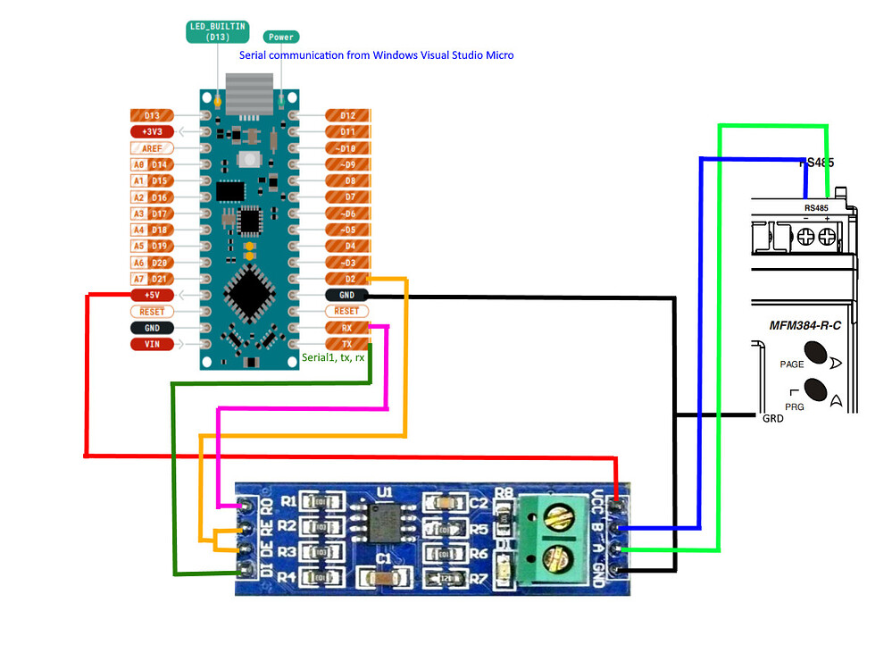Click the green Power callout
[281, 38]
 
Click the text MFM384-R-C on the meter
[805, 325]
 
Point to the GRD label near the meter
[773, 418]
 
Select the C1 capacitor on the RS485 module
[384, 578]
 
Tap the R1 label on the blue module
[288, 501]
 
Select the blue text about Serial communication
[376, 55]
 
